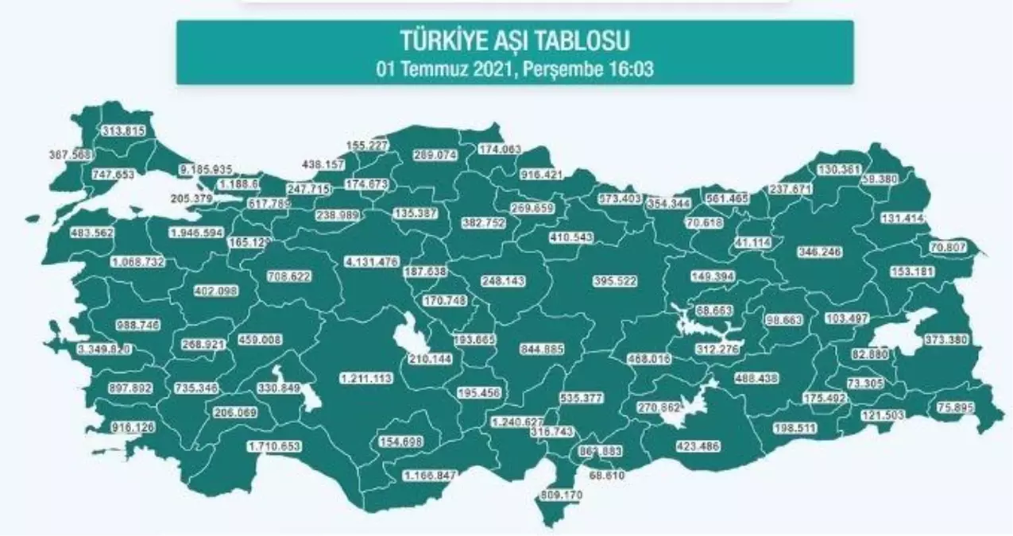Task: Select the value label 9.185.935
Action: pos(205,169)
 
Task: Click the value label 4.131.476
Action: pos(372,262)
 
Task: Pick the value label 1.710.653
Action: pos(274,446)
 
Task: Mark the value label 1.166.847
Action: pos(429,476)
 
